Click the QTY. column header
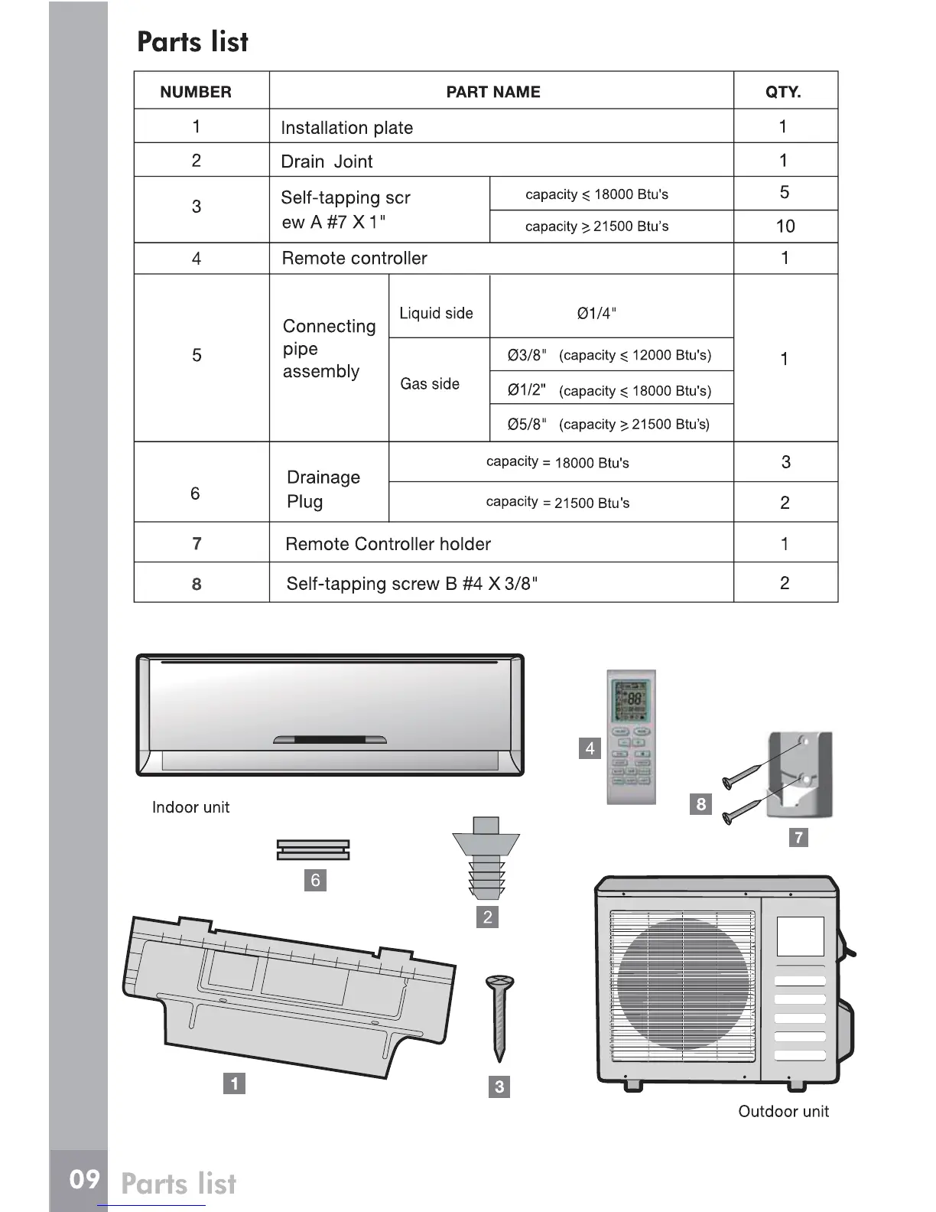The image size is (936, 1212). (783, 93)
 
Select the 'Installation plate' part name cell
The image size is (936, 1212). (346, 128)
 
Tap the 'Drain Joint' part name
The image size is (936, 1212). (327, 161)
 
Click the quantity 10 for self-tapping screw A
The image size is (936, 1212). (785, 226)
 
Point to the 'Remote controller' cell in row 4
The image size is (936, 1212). (354, 259)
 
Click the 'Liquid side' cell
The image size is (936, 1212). (436, 314)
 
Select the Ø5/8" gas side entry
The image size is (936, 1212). (609, 425)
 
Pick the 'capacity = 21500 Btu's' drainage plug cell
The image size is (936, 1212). (558, 503)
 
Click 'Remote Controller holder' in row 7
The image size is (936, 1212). (388, 544)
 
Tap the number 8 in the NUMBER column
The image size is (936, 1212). (197, 585)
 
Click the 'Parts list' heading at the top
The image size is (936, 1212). (193, 42)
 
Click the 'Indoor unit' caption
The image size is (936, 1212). (190, 807)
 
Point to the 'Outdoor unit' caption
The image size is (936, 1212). (783, 1112)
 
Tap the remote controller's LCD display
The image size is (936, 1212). (631, 700)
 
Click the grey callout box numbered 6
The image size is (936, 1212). (315, 880)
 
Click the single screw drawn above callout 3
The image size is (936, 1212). (499, 1018)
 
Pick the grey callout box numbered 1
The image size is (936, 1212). (234, 1083)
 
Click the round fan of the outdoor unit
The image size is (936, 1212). (682, 984)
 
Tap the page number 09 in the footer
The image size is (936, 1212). (84, 1180)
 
